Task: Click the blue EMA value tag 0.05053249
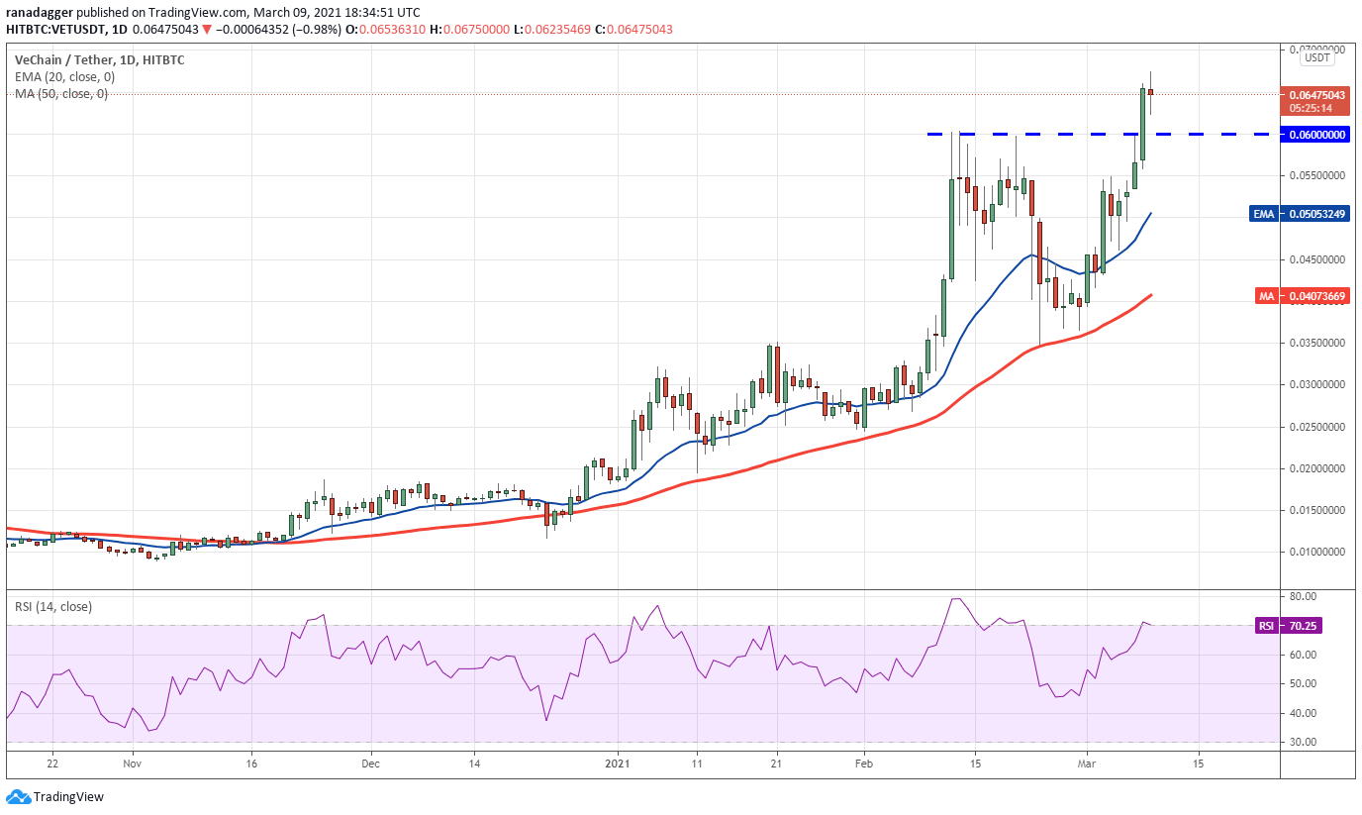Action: coord(1315,214)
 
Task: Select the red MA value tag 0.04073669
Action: coord(1315,296)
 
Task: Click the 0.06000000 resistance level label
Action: coord(1315,135)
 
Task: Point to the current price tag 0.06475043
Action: coord(1315,95)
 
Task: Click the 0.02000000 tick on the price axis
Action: coord(1315,468)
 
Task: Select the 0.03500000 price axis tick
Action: coord(1315,344)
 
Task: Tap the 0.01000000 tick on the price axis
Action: coord(1315,552)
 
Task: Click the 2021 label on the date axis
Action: coord(618,764)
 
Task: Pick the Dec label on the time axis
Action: coord(370,764)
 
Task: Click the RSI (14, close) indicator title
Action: coord(53,607)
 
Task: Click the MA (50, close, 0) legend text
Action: coord(61,94)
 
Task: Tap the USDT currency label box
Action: coord(1317,58)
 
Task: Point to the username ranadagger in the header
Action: coord(38,12)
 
